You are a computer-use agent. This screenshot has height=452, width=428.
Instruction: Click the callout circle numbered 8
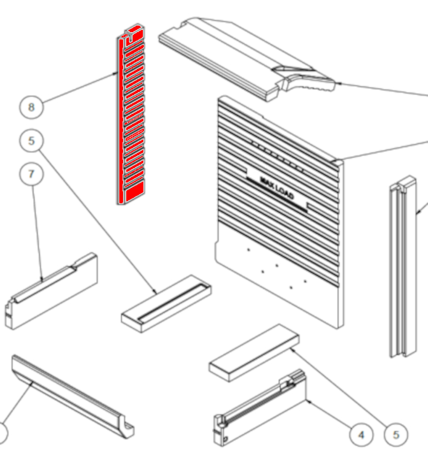[x=32, y=107]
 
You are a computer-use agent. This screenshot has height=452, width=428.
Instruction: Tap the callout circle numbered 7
[x=32, y=174]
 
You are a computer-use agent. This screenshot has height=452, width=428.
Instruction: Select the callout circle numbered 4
[x=361, y=435]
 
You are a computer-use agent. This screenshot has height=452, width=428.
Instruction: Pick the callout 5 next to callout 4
[x=396, y=435]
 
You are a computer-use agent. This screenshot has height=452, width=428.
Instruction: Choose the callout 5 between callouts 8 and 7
[x=32, y=141]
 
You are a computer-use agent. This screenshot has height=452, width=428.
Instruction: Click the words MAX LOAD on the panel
[x=277, y=188]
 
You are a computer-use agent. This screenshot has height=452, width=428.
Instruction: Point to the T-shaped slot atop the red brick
[x=131, y=36]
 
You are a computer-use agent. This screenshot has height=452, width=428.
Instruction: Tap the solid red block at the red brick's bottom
[x=135, y=190]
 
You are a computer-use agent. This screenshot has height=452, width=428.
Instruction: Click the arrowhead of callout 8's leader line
[x=116, y=73]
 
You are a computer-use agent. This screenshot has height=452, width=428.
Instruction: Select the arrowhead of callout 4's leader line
[x=308, y=401]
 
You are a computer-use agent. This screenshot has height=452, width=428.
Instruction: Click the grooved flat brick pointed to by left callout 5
[x=166, y=303]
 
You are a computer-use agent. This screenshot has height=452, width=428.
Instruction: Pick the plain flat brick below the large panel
[x=254, y=353]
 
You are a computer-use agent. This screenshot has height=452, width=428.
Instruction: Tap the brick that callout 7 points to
[x=51, y=291]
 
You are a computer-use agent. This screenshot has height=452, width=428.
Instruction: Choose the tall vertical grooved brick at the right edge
[x=403, y=266]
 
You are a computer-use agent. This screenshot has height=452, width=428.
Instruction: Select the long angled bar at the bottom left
[x=73, y=396]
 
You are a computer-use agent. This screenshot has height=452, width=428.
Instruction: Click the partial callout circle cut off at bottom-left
[x=3, y=433]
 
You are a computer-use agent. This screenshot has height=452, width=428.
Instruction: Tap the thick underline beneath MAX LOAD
[x=277, y=195]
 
